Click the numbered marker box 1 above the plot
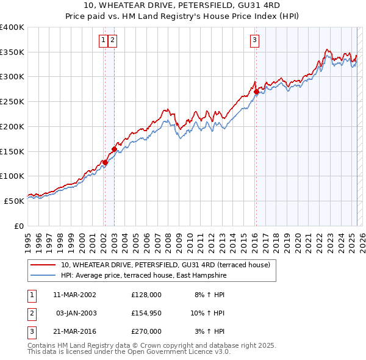coord(104,41)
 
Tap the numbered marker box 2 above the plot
coord(113,41)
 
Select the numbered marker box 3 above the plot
coord(254,41)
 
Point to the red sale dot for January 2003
coord(114,149)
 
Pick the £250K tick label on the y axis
coord(12,101)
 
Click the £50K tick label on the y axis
coord(15,200)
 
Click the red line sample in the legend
coord(43,265)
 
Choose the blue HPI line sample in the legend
coord(43,276)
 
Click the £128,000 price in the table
coord(146,295)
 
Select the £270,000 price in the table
coord(146,331)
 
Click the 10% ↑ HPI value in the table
coord(208,313)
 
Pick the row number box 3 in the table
coord(31,331)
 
